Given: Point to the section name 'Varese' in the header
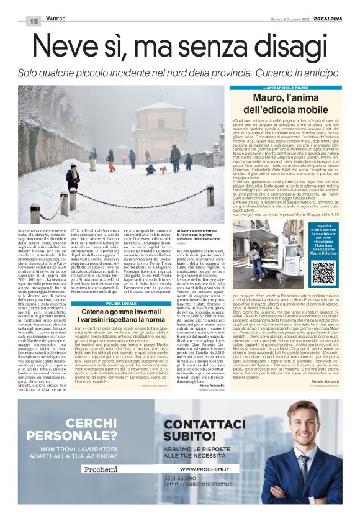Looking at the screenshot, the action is click(55, 20).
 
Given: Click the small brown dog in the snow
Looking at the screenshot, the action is click(162, 169).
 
